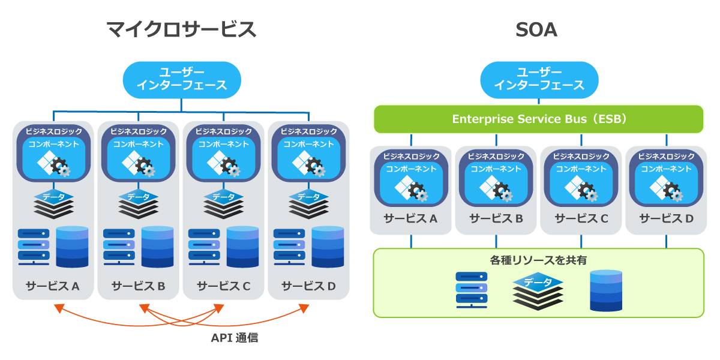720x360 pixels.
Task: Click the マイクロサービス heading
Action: tap(181, 29)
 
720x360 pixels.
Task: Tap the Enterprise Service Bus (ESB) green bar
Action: tap(538, 119)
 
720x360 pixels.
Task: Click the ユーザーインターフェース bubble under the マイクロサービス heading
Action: tap(181, 79)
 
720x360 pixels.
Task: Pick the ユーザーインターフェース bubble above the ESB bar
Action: tap(538, 79)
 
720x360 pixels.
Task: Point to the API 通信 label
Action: tap(235, 338)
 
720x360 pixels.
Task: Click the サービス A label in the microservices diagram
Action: tap(53, 286)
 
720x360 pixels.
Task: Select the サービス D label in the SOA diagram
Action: tap(666, 218)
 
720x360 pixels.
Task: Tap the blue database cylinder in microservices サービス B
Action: tap(158, 247)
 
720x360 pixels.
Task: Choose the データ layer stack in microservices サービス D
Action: tap(308, 204)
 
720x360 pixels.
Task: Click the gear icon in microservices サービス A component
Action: tap(61, 167)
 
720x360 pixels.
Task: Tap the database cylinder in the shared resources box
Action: tap(606, 290)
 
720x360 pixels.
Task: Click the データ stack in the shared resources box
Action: tap(538, 290)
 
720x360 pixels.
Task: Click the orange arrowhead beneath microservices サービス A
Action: tap(58, 308)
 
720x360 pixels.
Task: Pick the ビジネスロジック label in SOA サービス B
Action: tap(496, 156)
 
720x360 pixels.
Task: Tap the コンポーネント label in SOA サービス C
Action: tap(581, 169)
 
